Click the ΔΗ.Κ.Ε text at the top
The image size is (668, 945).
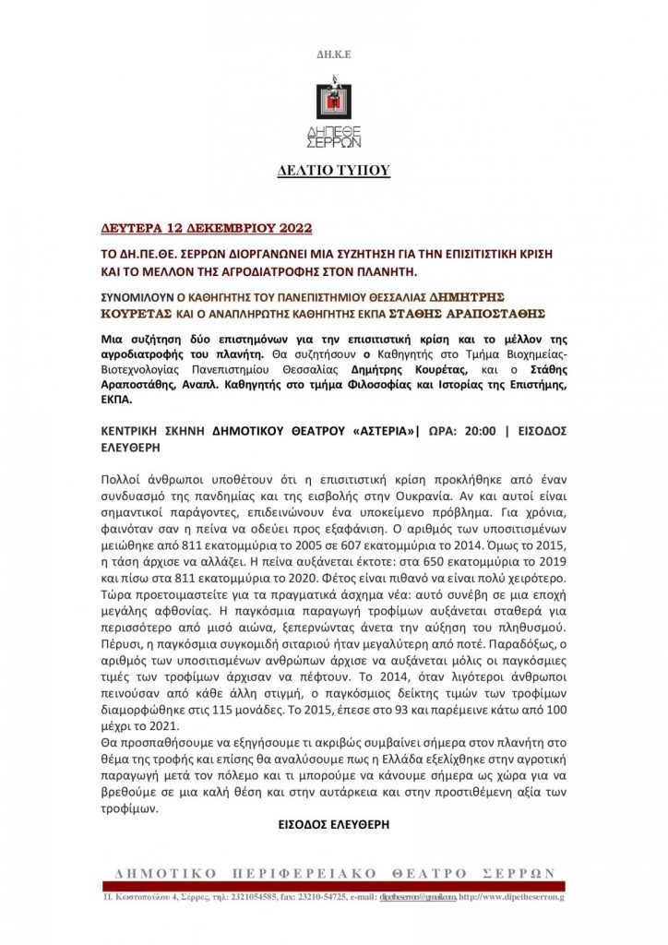pos(334,55)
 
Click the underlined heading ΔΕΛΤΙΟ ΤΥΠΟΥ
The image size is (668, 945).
pos(333,171)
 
